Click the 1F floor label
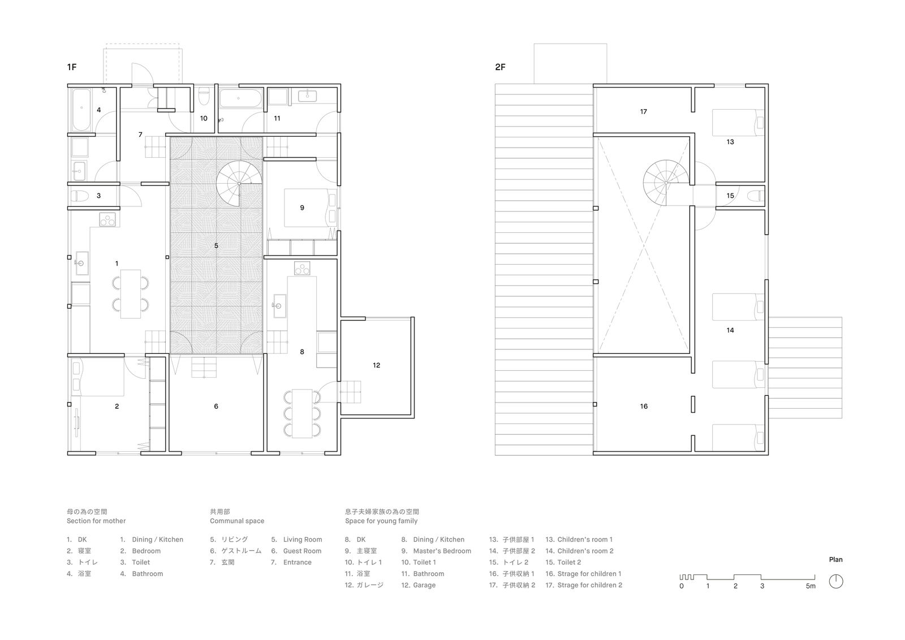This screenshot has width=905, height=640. tap(71, 67)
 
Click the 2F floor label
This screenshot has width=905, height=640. tap(500, 67)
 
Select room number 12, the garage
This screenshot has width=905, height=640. tap(377, 365)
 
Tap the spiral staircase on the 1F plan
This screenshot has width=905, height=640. tap(239, 183)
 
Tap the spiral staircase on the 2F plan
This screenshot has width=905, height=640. tap(665, 183)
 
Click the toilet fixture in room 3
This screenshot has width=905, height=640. tap(79, 196)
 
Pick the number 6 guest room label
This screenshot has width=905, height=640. tap(216, 407)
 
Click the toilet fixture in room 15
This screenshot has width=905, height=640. tap(753, 196)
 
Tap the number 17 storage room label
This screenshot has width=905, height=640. tap(643, 112)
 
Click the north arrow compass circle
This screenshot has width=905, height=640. tap(836, 581)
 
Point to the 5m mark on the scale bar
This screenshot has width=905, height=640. tap(811, 586)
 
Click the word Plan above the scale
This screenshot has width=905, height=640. tap(835, 560)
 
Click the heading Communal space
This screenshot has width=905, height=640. tap(237, 521)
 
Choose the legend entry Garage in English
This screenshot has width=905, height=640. tap(424, 585)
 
